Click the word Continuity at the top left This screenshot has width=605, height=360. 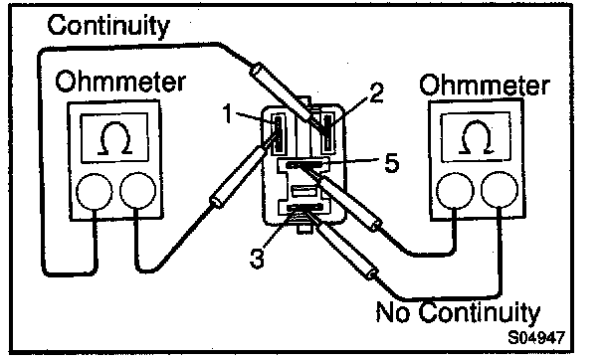tap(108, 26)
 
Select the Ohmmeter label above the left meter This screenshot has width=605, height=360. tap(120, 82)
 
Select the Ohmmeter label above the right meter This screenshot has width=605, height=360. tap(485, 85)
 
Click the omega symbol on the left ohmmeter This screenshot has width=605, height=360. tap(114, 138)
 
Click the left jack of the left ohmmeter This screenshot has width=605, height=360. tap(95, 191)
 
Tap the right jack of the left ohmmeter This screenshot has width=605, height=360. tap(137, 191)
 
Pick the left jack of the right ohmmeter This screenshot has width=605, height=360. tap(456, 191)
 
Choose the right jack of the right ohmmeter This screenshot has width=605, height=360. tap(500, 190)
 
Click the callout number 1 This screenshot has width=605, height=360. tap(229, 113)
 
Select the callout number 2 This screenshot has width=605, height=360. tap(376, 92)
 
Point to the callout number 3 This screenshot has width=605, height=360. tap(257, 258)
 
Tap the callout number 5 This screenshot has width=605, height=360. tap(391, 163)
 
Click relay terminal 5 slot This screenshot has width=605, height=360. tap(304, 164)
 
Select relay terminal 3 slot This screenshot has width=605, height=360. tap(304, 209)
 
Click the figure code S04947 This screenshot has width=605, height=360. tap(536, 338)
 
